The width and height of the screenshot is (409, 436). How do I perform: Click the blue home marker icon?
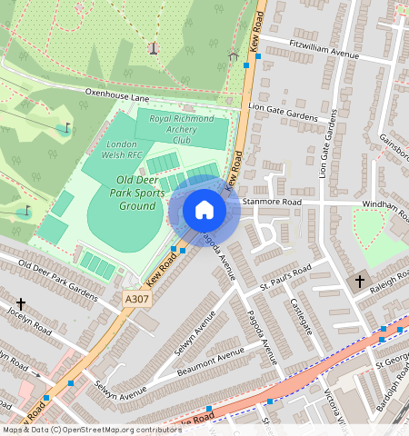pyautogui.click(x=204, y=210)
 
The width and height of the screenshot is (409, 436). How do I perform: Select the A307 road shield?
pyautogui.click(x=135, y=298)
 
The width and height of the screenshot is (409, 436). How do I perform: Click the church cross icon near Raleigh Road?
pyautogui.click(x=360, y=281)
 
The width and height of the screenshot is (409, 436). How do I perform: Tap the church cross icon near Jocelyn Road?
pyautogui.click(x=20, y=302)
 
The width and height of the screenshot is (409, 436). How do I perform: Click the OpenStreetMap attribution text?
pyautogui.click(x=91, y=430)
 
